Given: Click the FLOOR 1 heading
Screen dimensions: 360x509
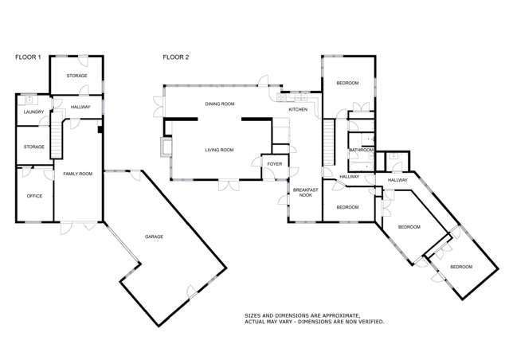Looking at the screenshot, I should pyautogui.click(x=28, y=57).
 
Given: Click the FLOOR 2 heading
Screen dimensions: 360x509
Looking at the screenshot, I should pyautogui.click(x=175, y=57).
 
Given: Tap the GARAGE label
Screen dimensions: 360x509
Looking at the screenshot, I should pyautogui.click(x=155, y=237).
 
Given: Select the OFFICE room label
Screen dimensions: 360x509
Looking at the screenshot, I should pyautogui.click(x=34, y=195).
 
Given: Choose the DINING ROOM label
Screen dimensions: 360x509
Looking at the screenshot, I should pyautogui.click(x=219, y=104).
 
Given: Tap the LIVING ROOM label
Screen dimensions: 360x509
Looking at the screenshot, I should pyautogui.click(x=219, y=150).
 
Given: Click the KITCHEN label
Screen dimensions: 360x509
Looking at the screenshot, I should pyautogui.click(x=298, y=109).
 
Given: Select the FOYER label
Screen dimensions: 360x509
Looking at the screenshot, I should pyautogui.click(x=274, y=164).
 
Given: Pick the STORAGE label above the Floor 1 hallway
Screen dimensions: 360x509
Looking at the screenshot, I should pyautogui.click(x=76, y=76).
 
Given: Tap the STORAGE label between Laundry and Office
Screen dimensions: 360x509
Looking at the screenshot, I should pyautogui.click(x=34, y=147).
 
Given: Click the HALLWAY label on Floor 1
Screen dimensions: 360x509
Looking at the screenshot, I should pyautogui.click(x=80, y=107).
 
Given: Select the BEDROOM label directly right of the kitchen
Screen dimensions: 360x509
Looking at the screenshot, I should pyautogui.click(x=347, y=83).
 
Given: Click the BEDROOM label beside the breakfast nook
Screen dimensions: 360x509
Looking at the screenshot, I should pyautogui.click(x=347, y=207).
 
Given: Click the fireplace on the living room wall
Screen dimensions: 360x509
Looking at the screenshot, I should pyautogui.click(x=166, y=145).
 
